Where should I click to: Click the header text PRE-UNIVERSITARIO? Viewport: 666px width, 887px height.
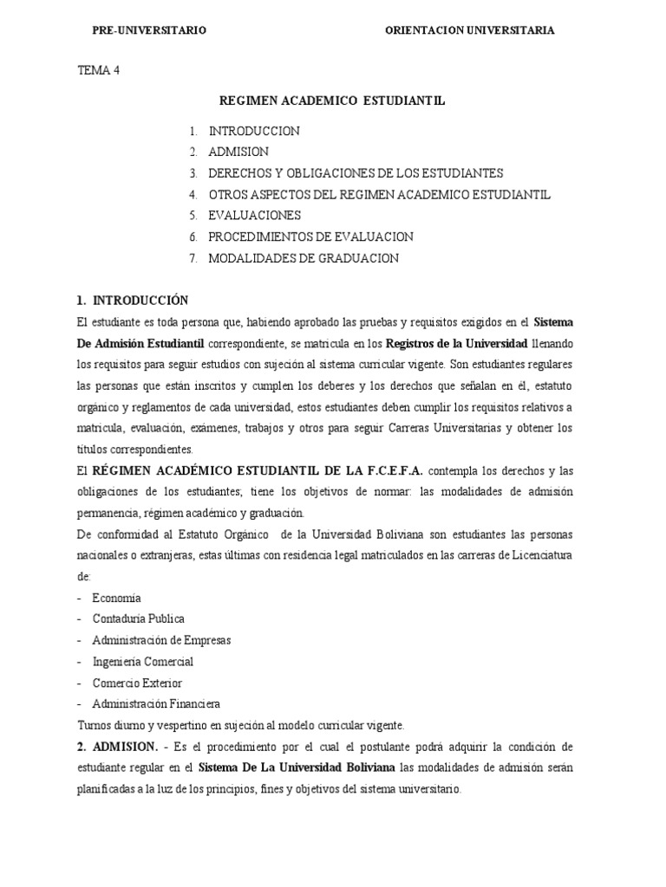[x=149, y=30]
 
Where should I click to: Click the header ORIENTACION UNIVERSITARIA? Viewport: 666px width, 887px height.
[x=470, y=30]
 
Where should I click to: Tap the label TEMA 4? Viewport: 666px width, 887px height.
[x=98, y=72]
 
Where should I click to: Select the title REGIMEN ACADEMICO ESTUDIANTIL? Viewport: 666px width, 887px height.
[x=332, y=101]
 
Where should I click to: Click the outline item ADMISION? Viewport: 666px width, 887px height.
[x=238, y=152]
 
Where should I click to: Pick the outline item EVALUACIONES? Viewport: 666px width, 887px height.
[x=255, y=215]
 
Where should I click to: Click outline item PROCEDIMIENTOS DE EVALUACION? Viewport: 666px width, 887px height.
[x=310, y=236]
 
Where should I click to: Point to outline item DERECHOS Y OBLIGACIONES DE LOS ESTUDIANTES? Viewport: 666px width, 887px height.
[x=356, y=172]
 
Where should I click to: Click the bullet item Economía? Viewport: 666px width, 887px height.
[x=117, y=598]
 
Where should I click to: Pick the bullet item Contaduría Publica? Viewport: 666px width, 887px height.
[x=138, y=619]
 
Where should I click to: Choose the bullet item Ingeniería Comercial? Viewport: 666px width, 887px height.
[x=143, y=662]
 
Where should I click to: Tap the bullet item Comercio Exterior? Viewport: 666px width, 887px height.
[x=137, y=683]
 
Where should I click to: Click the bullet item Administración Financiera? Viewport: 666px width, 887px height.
[x=156, y=703]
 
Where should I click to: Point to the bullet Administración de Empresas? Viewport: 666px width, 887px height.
[x=161, y=640]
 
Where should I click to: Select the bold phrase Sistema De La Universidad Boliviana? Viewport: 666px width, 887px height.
[x=296, y=767]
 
